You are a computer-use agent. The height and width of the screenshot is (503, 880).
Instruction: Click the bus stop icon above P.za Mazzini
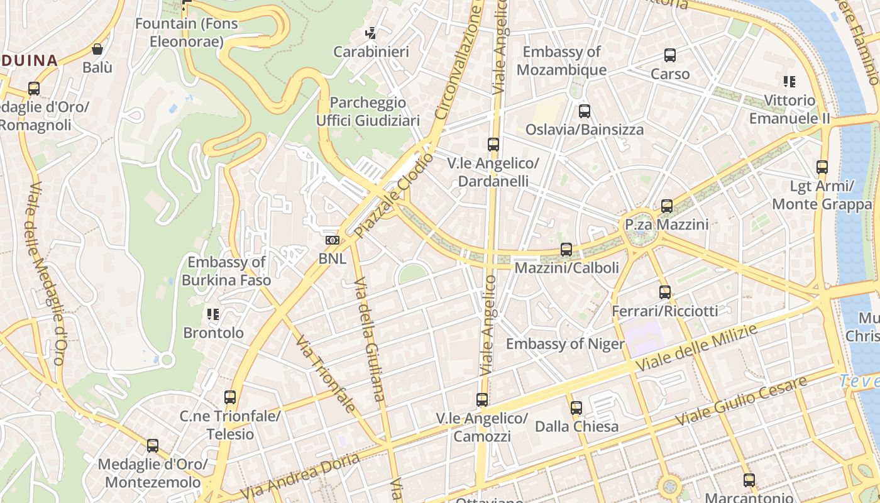[x=667, y=206]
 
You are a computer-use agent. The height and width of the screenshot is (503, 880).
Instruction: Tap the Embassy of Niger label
[x=565, y=344]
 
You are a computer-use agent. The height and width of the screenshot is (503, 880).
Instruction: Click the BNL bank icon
[x=333, y=240]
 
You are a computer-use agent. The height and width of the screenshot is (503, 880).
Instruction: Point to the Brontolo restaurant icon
[x=213, y=314]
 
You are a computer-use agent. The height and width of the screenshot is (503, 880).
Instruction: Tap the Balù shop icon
[x=97, y=49]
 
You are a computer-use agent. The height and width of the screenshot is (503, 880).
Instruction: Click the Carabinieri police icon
[x=371, y=33]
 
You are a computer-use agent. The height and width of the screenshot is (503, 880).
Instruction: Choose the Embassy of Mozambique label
[x=561, y=60]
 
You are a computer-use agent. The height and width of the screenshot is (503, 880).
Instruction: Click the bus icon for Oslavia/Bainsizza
[x=585, y=111]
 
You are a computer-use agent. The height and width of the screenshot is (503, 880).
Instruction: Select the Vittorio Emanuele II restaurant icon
[x=789, y=81]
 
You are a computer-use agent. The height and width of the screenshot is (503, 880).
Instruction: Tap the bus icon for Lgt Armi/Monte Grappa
[x=822, y=167]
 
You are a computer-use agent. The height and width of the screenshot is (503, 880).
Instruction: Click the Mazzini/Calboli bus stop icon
[x=566, y=250]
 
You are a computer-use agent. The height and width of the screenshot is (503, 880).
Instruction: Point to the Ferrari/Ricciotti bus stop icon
[x=665, y=292]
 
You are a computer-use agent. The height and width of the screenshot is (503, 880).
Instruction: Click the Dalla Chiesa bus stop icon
[x=576, y=408]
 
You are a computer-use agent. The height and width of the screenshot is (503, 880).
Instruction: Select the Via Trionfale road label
[x=326, y=375]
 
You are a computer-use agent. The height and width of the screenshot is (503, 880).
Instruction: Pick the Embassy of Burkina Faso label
[x=226, y=271]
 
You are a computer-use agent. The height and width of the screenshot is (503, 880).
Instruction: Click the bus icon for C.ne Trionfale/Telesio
[x=230, y=397]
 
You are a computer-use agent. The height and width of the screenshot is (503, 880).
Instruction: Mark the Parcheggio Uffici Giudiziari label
[x=368, y=111]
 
